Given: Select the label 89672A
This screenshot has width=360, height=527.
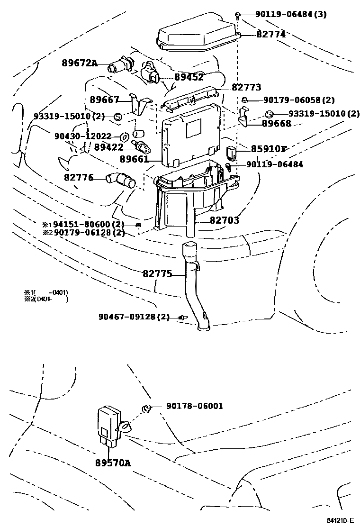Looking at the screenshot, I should pos(79,63).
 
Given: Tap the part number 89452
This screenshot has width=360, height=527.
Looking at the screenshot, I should pos(189,77).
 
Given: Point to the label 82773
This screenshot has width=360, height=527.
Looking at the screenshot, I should pos(246,88).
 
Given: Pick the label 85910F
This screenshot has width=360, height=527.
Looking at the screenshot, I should pos(269,149).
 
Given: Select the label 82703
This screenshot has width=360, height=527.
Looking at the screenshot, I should pos(225,220).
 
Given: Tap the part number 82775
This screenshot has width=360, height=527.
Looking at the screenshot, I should pos(157,273).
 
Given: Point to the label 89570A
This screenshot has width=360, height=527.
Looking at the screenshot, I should pos(112,462).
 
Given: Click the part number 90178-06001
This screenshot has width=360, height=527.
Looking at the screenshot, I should pos(195,406).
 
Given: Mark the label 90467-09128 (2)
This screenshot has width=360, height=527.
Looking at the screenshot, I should pos(134,317).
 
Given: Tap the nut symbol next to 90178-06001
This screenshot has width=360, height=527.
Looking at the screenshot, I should pos(147,408).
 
